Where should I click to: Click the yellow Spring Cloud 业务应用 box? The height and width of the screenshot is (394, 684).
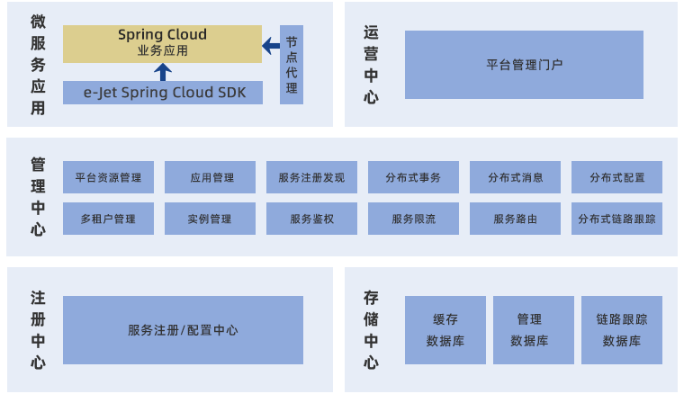tap(162, 43)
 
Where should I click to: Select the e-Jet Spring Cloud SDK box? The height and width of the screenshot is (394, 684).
tap(162, 93)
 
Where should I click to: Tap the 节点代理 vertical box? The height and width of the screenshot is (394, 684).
tap(292, 65)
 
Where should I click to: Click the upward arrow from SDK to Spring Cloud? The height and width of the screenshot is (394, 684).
tap(162, 72)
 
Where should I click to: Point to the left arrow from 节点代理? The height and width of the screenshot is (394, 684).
tap(270, 45)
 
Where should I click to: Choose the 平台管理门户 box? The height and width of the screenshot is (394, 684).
tap(524, 65)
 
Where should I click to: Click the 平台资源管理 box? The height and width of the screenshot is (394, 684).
tap(108, 177)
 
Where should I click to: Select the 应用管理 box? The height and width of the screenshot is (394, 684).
tap(211, 177)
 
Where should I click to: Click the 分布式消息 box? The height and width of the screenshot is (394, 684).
tap(515, 177)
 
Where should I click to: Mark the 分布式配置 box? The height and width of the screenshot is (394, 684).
tap(616, 177)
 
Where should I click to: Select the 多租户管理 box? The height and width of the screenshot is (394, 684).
tap(108, 219)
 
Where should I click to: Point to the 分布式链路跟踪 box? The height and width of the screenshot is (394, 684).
tap(616, 219)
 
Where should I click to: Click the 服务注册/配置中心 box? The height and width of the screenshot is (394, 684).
tap(183, 330)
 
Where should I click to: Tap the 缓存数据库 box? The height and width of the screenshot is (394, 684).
tap(445, 330)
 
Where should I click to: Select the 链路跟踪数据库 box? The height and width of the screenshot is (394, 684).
tap(622, 330)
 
